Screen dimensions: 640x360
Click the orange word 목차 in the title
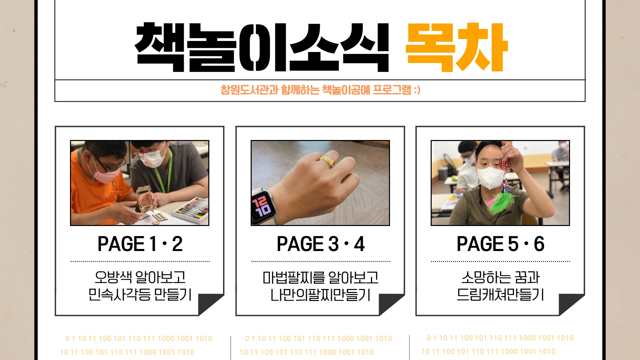point(456,47)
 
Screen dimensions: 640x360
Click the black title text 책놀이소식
point(262,47)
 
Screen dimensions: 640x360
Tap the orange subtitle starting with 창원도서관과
point(320,90)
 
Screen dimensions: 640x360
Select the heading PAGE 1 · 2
point(140,244)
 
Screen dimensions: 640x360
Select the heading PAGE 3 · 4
point(321,244)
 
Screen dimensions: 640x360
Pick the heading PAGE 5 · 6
point(500,244)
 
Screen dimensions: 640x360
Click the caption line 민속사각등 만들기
point(140,294)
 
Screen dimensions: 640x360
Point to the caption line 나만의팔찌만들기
point(320,295)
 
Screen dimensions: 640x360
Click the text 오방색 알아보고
point(140,277)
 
